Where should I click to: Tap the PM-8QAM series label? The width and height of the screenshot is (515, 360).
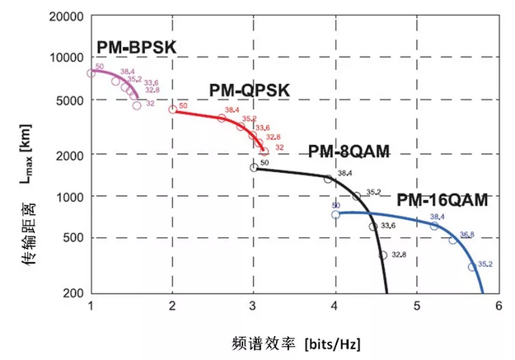pyautogui.click(x=349, y=152)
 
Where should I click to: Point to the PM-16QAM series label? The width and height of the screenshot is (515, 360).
pyautogui.click(x=442, y=199)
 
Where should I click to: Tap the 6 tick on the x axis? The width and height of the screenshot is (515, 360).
pyautogui.click(x=499, y=306)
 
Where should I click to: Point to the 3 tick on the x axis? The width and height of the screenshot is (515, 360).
pyautogui.click(x=254, y=306)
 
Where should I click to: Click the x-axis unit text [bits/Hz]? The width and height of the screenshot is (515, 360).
pyautogui.click(x=333, y=340)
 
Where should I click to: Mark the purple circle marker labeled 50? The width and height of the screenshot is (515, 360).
pyautogui.click(x=91, y=73)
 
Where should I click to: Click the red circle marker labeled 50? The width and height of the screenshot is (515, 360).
pyautogui.click(x=172, y=110)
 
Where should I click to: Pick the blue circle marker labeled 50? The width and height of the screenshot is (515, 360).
pyautogui.click(x=335, y=214)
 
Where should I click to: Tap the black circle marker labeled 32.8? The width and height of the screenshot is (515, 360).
pyautogui.click(x=383, y=255)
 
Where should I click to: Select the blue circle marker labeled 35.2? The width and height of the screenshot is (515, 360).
pyautogui.click(x=472, y=267)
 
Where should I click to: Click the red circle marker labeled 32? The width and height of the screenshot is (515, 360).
pyautogui.click(x=265, y=152)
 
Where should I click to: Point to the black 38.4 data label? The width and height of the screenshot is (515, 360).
pyautogui.click(x=344, y=173)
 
